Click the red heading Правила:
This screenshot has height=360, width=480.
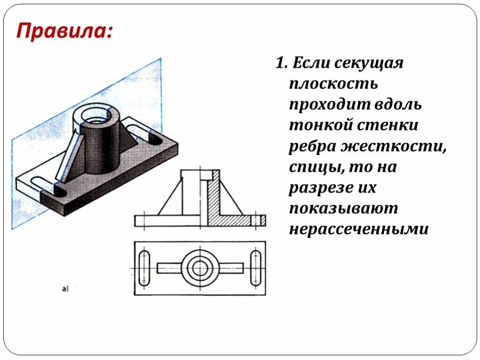pyautogui.click(x=65, y=31)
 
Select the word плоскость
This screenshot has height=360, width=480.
pyautogui.click(x=333, y=84)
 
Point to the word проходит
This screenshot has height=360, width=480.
pyautogui.click(x=329, y=105)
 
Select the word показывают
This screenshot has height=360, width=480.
pyautogui.click(x=343, y=208)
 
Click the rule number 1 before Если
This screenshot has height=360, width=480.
pyautogui.click(x=280, y=63)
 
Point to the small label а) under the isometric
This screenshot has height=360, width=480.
pyautogui.click(x=65, y=289)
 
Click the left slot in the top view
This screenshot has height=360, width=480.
pyautogui.click(x=144, y=268)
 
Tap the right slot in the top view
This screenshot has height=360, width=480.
pyautogui.click(x=255, y=268)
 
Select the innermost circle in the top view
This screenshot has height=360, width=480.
pyautogui.click(x=200, y=268)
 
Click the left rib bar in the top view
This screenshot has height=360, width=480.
pyautogui.click(x=169, y=268)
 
